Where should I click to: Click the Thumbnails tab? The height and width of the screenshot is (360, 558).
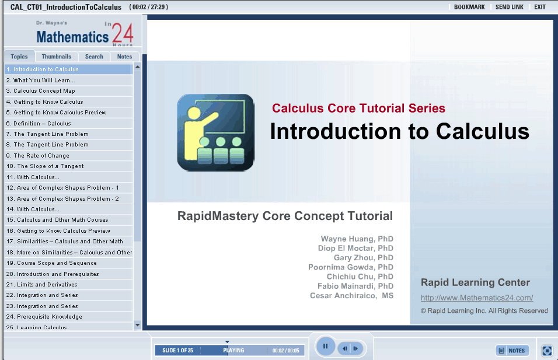coord(56,57)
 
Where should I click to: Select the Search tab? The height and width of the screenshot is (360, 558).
coord(94,57)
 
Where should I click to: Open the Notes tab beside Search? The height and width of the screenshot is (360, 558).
coord(124,57)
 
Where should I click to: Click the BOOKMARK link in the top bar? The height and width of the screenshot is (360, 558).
coord(469,7)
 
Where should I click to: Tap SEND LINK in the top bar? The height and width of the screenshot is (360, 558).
coord(509,7)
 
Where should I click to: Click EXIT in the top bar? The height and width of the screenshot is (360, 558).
coord(540,7)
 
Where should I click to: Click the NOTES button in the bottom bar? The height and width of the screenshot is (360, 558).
coord(512,351)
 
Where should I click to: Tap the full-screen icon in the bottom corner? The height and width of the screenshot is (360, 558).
coord(547,351)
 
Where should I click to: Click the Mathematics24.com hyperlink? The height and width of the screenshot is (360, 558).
coord(477,298)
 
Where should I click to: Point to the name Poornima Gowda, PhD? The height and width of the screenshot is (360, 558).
coord(351,267)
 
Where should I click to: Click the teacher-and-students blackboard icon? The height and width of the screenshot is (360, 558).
coord(215,132)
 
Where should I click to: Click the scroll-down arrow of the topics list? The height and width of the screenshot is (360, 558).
coord(137,325)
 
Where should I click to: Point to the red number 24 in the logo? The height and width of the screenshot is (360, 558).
coord(123,33)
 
